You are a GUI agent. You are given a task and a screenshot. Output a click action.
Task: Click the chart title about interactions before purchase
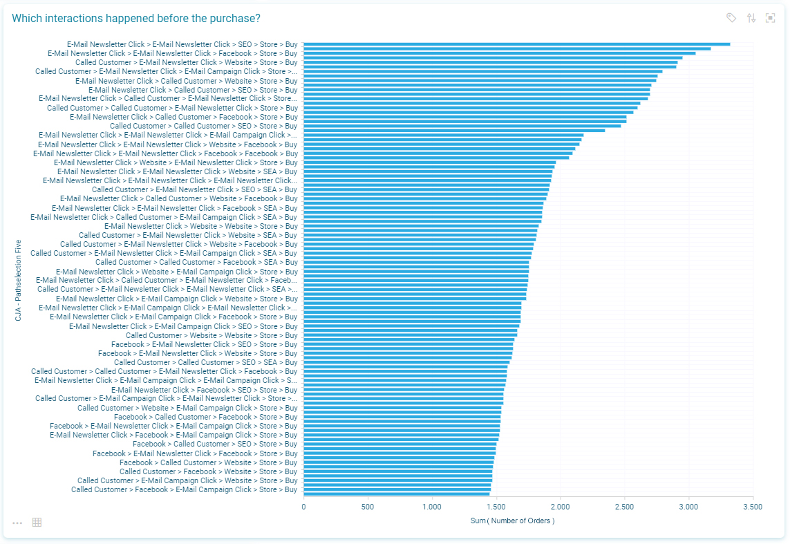135,18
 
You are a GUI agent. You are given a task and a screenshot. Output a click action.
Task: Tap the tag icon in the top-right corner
731,18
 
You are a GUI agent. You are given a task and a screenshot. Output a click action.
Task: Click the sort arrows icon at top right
751,18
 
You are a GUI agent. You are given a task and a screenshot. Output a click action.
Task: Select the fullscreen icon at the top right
770,18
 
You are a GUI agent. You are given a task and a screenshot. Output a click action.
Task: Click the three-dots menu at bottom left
17,523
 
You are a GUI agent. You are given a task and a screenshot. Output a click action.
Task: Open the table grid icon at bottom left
37,523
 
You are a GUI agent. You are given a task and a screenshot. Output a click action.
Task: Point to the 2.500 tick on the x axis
624,507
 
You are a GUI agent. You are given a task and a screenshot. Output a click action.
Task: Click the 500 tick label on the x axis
368,507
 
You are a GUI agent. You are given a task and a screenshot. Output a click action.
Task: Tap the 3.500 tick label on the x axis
753,507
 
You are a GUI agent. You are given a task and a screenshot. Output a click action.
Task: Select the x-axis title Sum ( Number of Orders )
512,520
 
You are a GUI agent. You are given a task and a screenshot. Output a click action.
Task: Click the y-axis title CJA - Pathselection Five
19,280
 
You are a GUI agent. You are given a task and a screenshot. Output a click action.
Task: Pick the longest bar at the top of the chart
516,44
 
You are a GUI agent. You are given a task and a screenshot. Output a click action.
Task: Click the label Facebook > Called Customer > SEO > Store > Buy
214,444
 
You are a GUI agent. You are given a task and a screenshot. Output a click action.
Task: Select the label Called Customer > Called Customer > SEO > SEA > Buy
205,362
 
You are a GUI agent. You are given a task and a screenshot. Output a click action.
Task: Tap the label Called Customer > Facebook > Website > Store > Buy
208,471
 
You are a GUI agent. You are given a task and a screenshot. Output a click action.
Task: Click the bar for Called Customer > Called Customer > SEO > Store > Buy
462,126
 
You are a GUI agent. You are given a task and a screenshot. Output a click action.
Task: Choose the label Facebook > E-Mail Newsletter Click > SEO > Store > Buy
204,344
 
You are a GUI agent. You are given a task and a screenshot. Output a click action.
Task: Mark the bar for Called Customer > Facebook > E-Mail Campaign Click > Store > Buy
397,489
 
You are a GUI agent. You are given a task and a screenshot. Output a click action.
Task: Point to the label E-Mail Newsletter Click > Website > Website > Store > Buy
200,226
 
